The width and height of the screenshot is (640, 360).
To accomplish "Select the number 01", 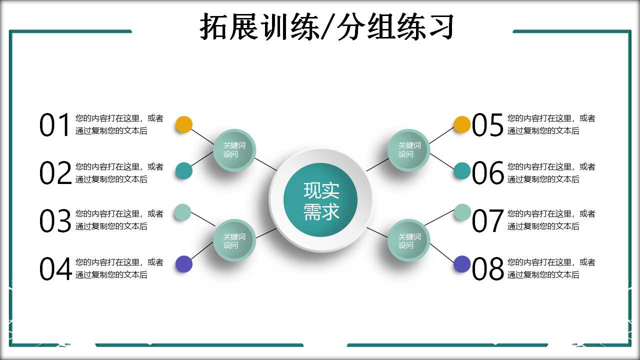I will (55, 125).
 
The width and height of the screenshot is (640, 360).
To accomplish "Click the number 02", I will (55, 173).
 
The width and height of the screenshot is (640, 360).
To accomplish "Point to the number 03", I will (55, 221).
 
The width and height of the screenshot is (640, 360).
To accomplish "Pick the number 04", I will (55, 269).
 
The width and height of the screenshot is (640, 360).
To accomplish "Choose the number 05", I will (487, 125).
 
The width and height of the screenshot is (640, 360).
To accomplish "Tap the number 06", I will (487, 173).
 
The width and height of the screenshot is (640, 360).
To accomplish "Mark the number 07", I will (487, 221).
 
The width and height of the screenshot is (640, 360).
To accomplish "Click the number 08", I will (487, 269).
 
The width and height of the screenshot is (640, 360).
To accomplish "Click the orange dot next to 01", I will (184, 124).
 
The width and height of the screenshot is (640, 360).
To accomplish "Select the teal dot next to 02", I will (184, 171).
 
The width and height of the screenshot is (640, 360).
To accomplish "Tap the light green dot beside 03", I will (182, 212).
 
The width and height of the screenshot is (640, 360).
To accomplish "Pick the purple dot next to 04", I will (184, 264).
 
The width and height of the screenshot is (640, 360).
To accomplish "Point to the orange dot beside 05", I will (462, 124).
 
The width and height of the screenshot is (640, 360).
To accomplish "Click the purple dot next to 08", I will (462, 264).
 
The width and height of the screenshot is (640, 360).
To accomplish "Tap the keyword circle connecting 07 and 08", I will (409, 240).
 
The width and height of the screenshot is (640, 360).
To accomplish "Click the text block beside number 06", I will (551, 173).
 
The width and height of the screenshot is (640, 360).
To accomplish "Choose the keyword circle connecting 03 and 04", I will (234, 240).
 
